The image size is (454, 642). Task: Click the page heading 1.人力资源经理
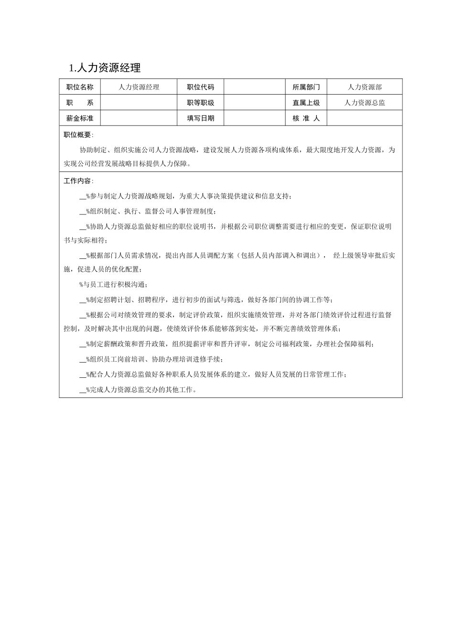[x=105, y=68]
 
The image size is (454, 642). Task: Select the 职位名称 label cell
[x=80, y=87]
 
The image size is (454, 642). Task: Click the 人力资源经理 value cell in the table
[x=139, y=87]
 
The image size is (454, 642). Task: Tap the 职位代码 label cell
[x=200, y=87]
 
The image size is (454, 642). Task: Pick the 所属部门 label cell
[x=306, y=87]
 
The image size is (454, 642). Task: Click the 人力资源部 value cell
[x=365, y=87]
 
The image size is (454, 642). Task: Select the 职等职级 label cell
[x=200, y=103]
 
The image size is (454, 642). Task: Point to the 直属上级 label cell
[x=306, y=103]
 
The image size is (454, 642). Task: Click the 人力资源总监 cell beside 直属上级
[x=365, y=103]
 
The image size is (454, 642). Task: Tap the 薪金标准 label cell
[x=80, y=118]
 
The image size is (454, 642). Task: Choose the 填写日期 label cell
[x=200, y=118]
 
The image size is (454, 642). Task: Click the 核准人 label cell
[x=306, y=118]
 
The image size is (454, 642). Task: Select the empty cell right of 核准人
[x=365, y=118]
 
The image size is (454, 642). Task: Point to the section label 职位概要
[x=78, y=135]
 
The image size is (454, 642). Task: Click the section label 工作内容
[x=78, y=181]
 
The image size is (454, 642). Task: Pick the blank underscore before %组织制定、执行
[x=82, y=212]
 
